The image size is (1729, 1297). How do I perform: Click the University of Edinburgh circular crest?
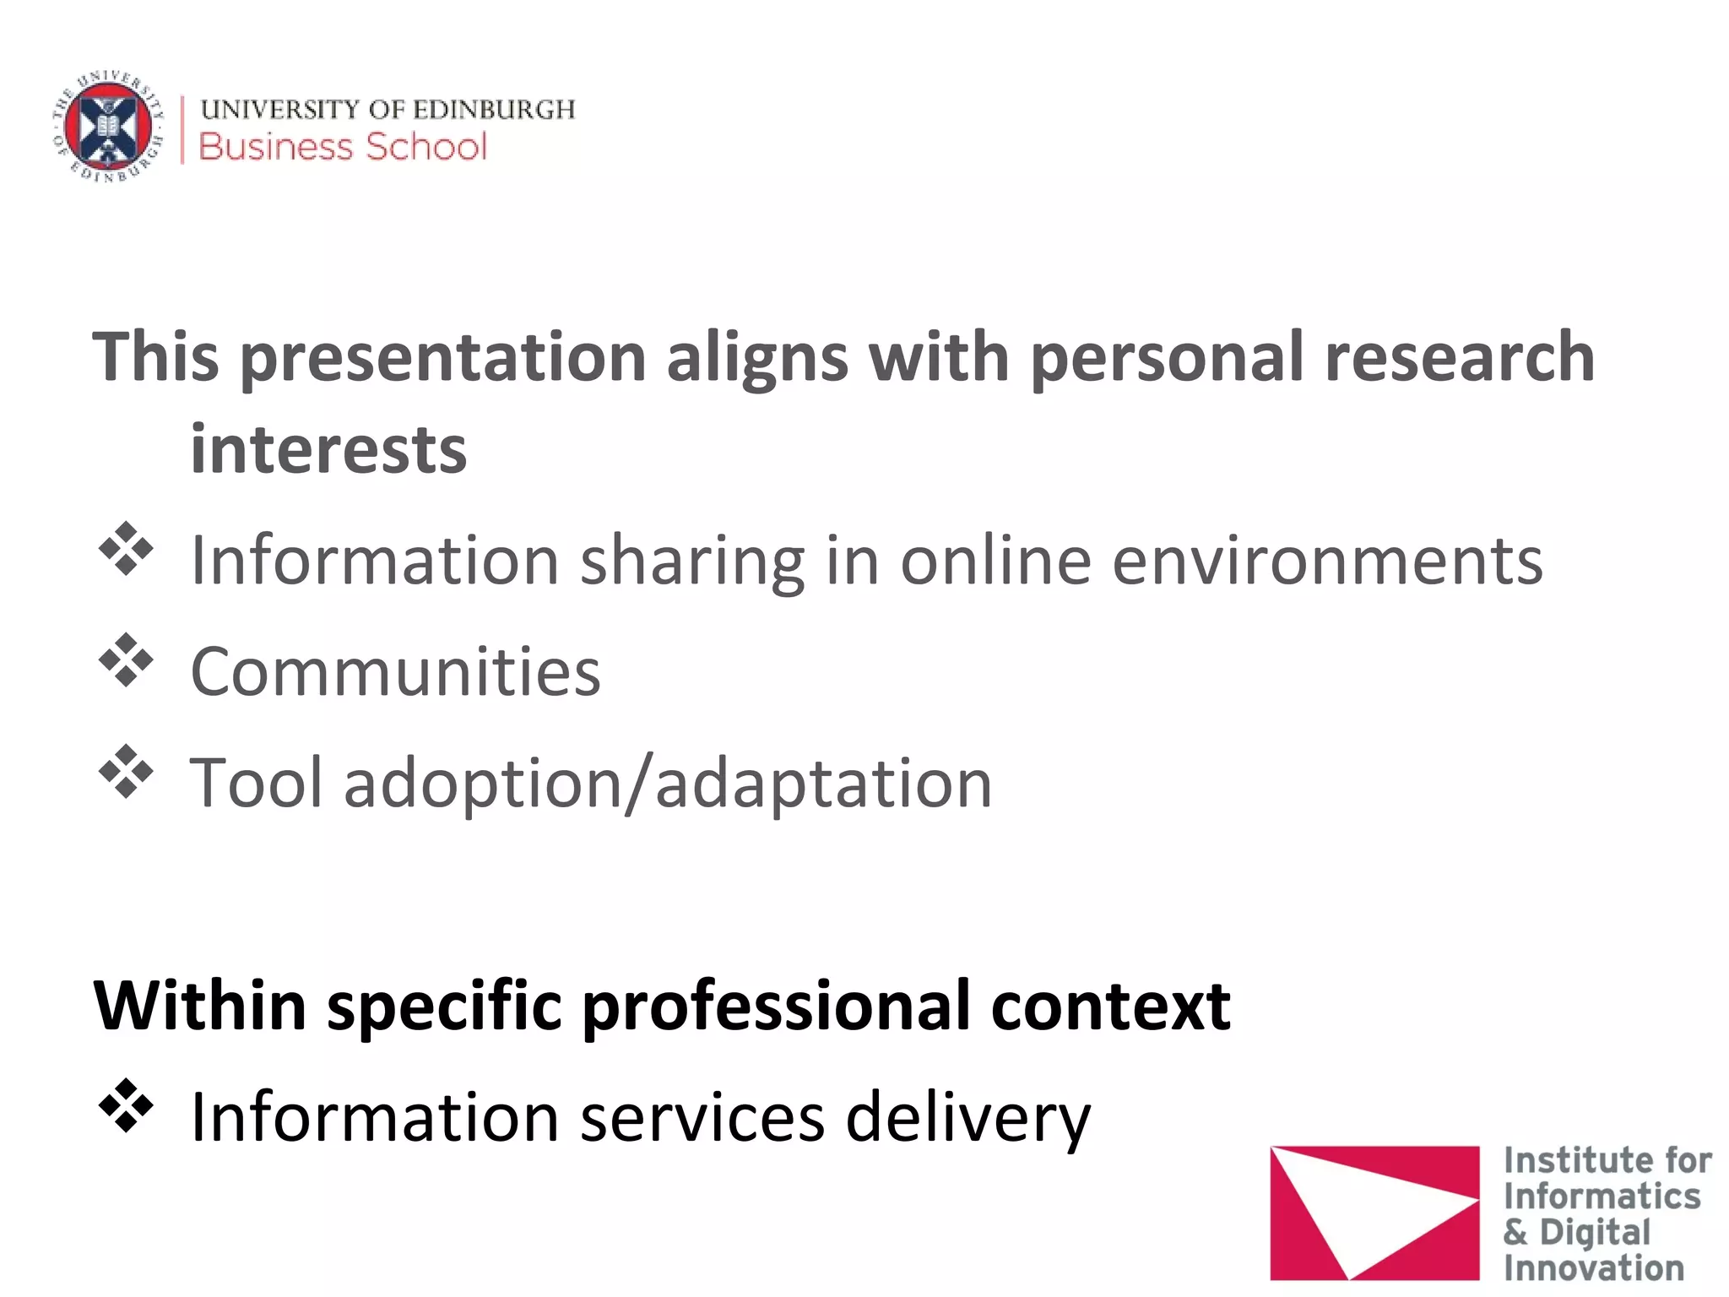pos(107,127)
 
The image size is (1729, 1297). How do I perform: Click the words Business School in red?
pos(343,147)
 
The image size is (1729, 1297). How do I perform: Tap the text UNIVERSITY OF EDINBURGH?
pos(388,110)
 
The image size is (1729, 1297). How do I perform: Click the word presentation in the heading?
pos(443,358)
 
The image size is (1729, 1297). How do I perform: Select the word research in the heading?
pos(1460,358)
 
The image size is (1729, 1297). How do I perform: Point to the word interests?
pos(328,450)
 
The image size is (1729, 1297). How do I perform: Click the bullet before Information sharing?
pos(126,550)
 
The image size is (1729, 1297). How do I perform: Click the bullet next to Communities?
pos(126,660)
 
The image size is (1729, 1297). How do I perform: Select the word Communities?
pos(395,672)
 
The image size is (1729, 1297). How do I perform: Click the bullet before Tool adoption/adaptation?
pos(126,772)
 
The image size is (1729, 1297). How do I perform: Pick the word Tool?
pos(257,784)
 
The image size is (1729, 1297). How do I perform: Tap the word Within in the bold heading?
pos(200,1007)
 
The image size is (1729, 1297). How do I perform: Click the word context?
pos(1110,1007)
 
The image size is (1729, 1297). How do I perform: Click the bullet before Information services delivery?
pos(126,1105)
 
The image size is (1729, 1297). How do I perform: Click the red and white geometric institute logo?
pos(1374,1213)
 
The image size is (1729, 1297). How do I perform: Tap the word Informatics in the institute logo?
pos(1602,1197)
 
